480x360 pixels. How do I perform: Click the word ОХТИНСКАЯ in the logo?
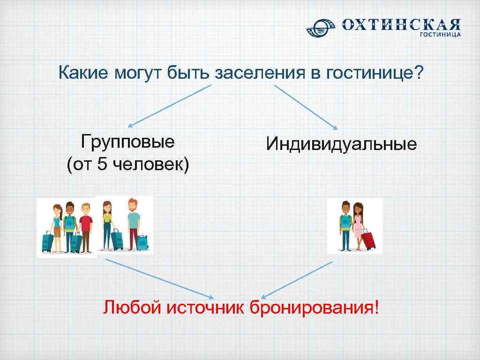401,25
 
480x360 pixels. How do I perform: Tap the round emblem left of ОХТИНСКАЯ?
322,27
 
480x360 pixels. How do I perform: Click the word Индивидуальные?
341,143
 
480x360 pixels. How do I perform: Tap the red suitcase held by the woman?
368,239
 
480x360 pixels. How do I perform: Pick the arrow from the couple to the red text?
296,280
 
